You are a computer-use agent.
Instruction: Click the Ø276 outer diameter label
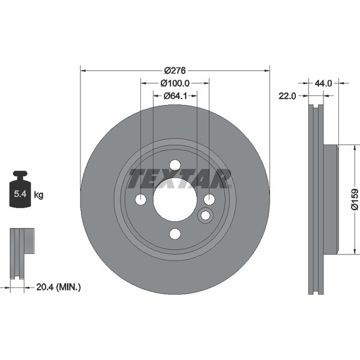[175, 70]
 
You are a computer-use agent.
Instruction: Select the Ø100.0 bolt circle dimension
[175, 83]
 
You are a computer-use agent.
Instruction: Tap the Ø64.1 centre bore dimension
[175, 95]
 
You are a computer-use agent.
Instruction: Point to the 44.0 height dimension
[323, 83]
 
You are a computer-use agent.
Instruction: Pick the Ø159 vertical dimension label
[354, 199]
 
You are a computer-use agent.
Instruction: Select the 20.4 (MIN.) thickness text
[58, 287]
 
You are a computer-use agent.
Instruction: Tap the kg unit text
[38, 195]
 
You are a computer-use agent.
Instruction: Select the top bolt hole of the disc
[175, 165]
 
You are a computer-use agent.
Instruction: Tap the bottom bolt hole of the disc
[175, 233]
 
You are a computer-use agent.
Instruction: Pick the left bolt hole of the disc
[141, 199]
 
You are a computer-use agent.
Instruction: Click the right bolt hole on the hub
[209, 199]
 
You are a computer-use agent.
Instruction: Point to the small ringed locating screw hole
[205, 214]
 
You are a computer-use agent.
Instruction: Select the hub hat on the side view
[331, 199]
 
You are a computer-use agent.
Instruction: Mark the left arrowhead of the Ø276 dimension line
[83, 70]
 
